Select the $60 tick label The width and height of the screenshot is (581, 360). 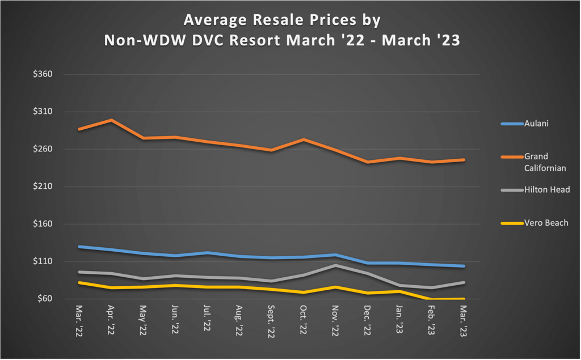coord(43,299)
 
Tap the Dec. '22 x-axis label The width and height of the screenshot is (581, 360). coord(368,321)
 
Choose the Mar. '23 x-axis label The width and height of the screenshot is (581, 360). coord(464,321)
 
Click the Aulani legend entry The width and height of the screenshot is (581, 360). coord(536,124)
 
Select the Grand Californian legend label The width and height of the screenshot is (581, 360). coord(544,162)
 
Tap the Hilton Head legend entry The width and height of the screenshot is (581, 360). coord(546,190)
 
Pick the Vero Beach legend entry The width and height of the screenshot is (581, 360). coord(546,223)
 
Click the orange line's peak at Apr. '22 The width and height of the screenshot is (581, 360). coord(111,120)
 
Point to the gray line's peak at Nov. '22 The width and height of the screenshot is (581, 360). coord(336,265)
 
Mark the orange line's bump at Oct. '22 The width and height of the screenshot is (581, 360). coord(304,139)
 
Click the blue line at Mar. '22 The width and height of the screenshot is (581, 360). coord(79,247)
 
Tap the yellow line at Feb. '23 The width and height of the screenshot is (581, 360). coord(432,299)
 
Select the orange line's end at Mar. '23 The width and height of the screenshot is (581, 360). coord(464,160)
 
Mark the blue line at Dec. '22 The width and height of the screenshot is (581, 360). coord(368,263)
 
